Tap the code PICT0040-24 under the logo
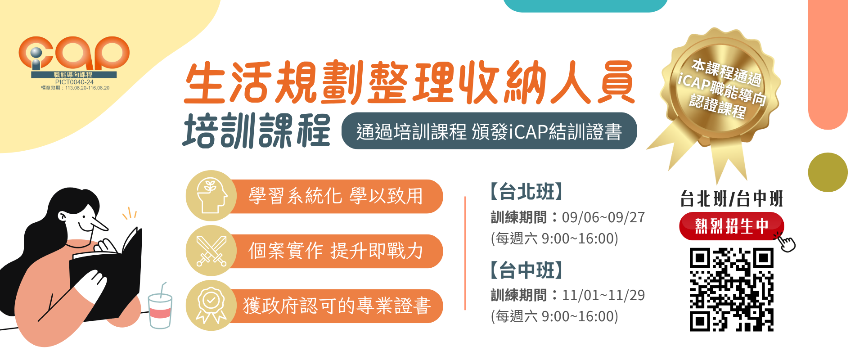click(x=74, y=82)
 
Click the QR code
click(x=731, y=290)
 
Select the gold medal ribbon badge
click(x=720, y=94)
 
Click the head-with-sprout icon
click(x=211, y=196)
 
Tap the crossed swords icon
click(x=211, y=251)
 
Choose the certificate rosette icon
click(x=211, y=306)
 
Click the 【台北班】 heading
click(x=526, y=192)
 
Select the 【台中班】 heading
click(x=526, y=270)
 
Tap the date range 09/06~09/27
click(x=603, y=217)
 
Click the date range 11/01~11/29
click(x=603, y=295)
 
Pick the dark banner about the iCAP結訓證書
click(x=489, y=131)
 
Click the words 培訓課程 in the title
click(x=256, y=130)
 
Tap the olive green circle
click(x=828, y=172)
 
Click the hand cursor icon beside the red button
click(x=785, y=242)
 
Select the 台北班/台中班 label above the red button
click(x=732, y=198)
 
